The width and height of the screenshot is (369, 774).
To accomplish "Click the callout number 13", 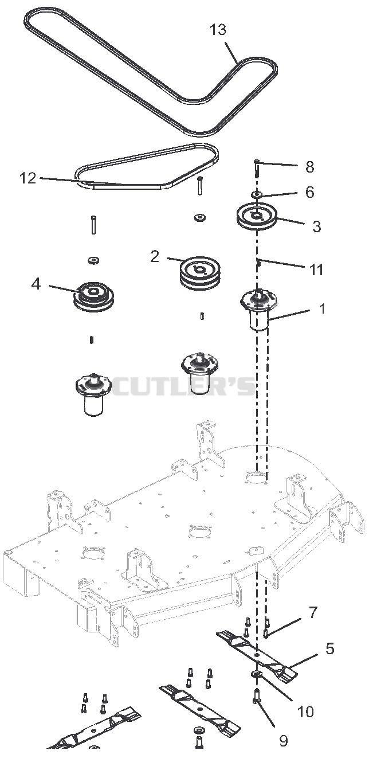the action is tap(218, 30).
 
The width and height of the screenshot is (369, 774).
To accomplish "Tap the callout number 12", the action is tap(28, 178).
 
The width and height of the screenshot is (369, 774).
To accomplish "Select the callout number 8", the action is tap(309, 167).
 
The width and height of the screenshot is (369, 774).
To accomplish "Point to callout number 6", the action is tap(309, 192).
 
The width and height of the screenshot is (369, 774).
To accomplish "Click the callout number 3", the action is tap(316, 226).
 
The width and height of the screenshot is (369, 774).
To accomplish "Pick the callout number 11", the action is tap(316, 270).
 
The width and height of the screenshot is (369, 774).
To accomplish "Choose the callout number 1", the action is tap(322, 308).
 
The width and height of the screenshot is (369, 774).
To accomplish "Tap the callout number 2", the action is tap(155, 256).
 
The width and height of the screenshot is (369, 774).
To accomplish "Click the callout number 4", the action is tap(36, 284).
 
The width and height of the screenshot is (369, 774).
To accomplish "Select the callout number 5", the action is tap(329, 648).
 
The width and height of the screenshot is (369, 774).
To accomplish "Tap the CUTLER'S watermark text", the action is tap(183, 386).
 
